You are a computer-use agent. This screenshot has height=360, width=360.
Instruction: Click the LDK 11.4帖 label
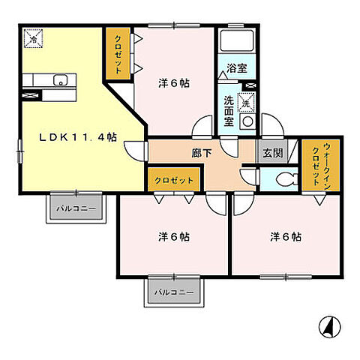78,137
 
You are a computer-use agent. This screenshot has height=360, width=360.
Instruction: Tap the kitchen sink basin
61,80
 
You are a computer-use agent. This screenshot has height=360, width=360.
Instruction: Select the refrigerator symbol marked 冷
33,38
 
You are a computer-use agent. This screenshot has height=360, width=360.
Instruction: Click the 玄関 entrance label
272,153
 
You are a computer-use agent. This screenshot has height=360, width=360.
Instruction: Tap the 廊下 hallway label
202,153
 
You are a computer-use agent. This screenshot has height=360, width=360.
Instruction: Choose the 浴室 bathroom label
237,68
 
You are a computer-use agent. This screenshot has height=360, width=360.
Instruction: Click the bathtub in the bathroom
237,40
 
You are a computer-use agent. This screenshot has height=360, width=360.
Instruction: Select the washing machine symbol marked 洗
246,102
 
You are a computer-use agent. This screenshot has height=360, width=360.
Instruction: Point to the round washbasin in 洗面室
247,121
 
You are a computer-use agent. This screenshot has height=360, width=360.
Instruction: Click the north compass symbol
330,327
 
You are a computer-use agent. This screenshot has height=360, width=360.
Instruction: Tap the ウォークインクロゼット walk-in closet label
320,164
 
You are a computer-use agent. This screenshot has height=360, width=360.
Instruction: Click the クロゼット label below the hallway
174,180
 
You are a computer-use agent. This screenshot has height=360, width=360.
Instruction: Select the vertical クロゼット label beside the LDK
118,55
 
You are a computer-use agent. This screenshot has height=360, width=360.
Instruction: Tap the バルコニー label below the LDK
76,208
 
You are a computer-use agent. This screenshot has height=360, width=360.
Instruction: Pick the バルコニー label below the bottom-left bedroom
174,292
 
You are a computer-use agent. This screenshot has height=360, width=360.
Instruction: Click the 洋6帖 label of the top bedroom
174,83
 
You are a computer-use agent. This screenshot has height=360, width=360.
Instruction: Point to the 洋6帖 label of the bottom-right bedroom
286,237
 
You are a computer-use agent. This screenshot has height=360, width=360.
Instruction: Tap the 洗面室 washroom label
229,111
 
